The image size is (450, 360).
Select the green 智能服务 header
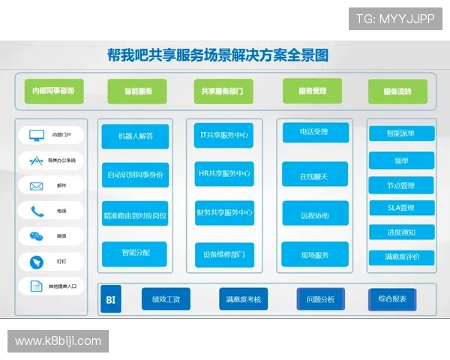tap(136, 91)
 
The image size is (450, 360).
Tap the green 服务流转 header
tap(397, 91)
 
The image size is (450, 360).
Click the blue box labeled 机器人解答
tap(136, 136)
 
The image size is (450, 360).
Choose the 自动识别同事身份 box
tap(136, 175)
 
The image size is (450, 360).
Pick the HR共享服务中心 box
tap(224, 174)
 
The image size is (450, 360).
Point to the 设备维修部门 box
tap(224, 254)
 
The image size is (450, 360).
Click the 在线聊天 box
tap(315, 176)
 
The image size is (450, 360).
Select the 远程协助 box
tap(315, 215)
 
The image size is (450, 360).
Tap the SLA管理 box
tap(401, 208)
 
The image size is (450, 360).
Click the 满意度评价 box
tap(401, 257)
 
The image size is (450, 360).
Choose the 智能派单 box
tap(401, 133)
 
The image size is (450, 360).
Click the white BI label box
tap(111, 300)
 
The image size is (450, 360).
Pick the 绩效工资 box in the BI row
tap(166, 300)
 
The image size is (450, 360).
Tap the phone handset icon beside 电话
tap(37, 211)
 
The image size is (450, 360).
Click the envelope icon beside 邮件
tap(36, 186)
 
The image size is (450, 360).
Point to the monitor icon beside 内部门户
tap(36, 136)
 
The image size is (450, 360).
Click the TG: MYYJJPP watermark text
tap(395, 18)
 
